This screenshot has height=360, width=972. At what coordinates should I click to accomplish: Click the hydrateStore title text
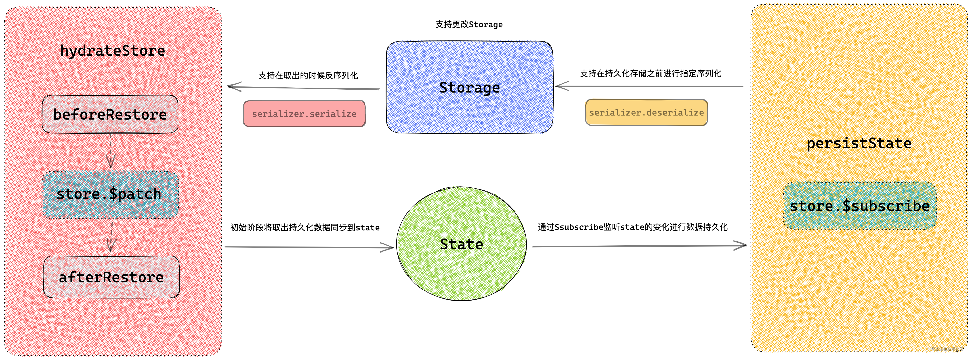[112, 51]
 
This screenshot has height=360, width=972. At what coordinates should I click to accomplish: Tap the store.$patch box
[110, 195]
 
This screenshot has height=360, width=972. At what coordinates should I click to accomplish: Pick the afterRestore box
[111, 277]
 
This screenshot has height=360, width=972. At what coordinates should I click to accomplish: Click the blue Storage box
[469, 87]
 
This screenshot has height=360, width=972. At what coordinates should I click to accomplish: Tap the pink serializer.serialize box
[304, 114]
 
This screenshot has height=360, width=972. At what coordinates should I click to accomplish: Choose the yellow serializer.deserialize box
[646, 112]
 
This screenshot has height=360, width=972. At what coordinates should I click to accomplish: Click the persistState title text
[859, 143]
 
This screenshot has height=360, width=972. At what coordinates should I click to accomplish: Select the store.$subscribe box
[860, 206]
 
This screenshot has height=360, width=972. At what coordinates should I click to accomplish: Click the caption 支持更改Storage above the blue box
[469, 25]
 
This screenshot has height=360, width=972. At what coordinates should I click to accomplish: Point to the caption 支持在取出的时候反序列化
[308, 76]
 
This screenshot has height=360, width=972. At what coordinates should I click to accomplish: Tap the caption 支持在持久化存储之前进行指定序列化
[651, 74]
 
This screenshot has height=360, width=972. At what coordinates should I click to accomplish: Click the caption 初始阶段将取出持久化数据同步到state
[305, 227]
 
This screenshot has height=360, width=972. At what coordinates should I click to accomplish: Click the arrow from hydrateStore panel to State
[309, 247]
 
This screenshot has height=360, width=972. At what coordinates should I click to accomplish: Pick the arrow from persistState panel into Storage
[649, 86]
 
